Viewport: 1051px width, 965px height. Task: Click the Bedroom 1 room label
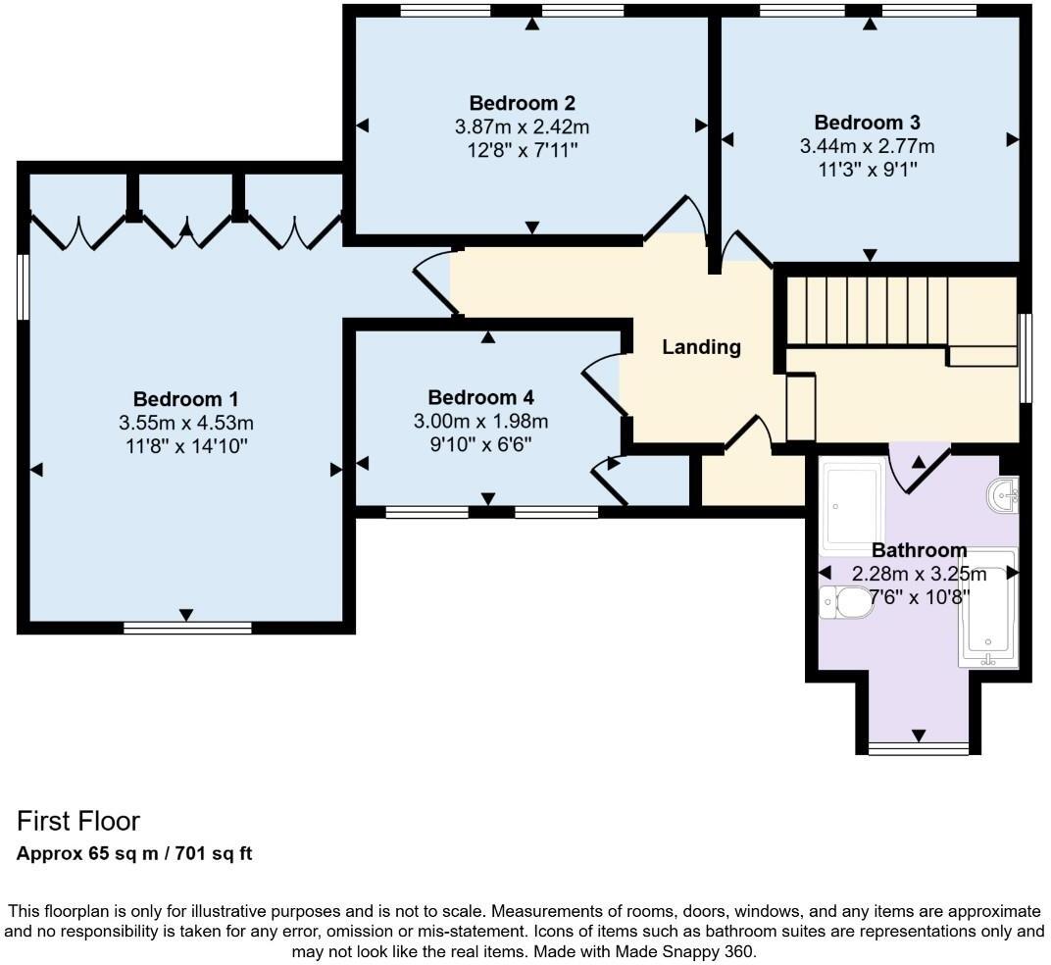click(185, 399)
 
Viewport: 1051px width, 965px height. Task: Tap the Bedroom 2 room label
click(522, 103)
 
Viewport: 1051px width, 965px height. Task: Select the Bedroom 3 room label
click(867, 123)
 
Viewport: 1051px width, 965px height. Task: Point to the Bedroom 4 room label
click(480, 397)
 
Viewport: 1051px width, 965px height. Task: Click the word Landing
click(701, 346)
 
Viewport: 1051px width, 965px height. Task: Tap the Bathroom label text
click(919, 550)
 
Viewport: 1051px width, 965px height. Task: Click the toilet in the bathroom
click(846, 602)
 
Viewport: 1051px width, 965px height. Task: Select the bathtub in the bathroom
click(988, 609)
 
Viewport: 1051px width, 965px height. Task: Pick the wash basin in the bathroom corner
click(1005, 495)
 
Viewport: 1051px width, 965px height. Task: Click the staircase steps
click(868, 311)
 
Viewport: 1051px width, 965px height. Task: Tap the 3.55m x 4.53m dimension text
click(185, 423)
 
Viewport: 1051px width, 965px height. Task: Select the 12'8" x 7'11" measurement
click(522, 150)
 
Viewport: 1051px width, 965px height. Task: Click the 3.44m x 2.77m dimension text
click(867, 146)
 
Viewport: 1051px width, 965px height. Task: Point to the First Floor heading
click(78, 821)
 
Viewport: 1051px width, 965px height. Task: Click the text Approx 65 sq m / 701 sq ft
click(134, 853)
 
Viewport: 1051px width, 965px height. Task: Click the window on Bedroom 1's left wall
click(24, 286)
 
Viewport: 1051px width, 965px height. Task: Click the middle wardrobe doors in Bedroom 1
click(185, 228)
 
